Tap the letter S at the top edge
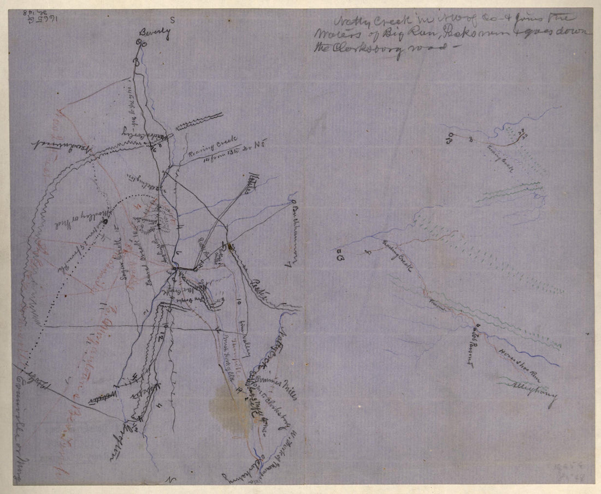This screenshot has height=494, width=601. [x=172, y=18]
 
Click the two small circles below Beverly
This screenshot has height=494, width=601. [x=143, y=43]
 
